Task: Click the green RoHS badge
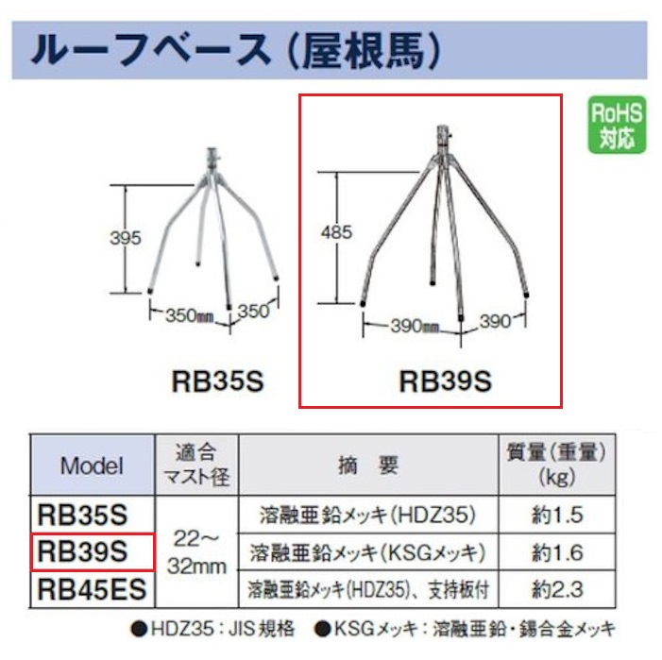click(x=617, y=125)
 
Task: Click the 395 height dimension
click(x=125, y=238)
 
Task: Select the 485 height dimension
click(x=336, y=232)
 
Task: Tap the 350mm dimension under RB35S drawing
click(x=189, y=315)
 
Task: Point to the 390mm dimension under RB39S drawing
click(x=415, y=326)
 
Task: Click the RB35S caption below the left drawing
click(x=217, y=381)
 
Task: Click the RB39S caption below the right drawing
click(x=446, y=381)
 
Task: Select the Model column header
click(x=92, y=465)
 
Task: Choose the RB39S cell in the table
click(x=92, y=551)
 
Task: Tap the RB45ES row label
click(x=92, y=589)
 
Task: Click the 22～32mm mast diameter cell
click(x=196, y=551)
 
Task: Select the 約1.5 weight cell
click(x=557, y=515)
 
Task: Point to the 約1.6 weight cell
click(x=557, y=552)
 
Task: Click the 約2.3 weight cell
click(x=557, y=589)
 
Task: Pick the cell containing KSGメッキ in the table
click(x=368, y=552)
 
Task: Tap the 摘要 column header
click(x=368, y=465)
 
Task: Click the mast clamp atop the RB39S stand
click(x=443, y=137)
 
